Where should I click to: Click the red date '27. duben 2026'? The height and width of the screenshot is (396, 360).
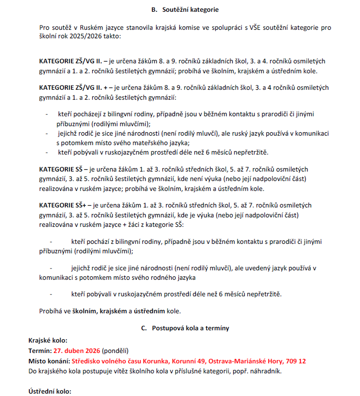pos(76,351)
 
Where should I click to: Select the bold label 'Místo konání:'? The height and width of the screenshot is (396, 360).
pos(49,361)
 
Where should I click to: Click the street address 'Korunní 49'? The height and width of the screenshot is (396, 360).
pos(189,361)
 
